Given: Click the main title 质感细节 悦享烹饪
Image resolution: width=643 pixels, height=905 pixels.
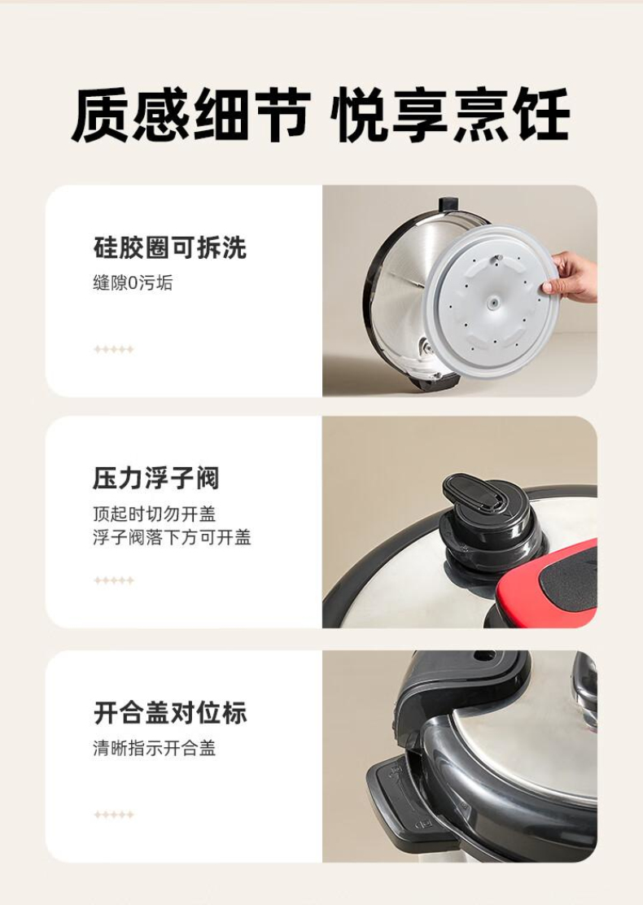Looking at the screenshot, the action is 321,115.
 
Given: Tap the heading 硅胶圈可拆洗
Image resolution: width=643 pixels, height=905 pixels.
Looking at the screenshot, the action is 169,247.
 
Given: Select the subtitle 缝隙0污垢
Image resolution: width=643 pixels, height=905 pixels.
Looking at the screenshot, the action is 133,283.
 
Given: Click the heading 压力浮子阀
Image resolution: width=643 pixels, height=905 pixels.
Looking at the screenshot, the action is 155,478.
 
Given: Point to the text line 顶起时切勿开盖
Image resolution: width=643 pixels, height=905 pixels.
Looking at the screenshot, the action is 154,514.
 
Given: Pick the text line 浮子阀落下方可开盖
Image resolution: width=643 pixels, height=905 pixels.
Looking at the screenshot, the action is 172,537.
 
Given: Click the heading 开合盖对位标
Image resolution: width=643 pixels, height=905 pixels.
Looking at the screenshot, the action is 170,713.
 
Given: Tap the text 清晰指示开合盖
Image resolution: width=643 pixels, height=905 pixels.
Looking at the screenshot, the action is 154,748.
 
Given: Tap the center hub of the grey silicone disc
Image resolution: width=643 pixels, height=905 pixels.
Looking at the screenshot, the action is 492,303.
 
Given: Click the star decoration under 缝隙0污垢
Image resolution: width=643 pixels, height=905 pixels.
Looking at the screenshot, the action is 114,349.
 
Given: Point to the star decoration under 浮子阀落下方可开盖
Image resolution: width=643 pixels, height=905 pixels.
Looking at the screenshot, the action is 114,580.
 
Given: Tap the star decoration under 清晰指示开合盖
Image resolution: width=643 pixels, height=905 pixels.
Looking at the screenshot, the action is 114,815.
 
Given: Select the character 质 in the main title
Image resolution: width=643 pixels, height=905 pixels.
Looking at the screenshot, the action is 100,115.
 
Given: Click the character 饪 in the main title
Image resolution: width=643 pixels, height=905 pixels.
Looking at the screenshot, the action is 543,115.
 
